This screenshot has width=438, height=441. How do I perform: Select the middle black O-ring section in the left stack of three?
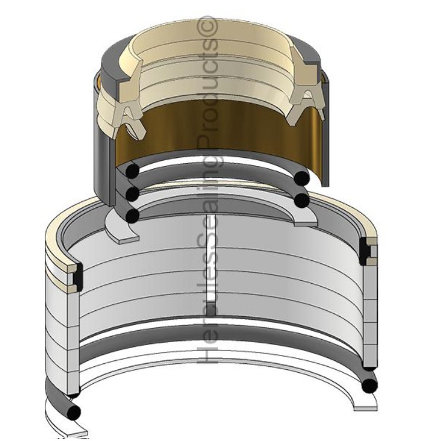click(x=133, y=194)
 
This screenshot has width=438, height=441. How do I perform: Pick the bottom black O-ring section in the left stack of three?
click(x=133, y=216)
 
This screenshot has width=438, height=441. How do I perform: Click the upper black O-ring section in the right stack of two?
click(x=302, y=178)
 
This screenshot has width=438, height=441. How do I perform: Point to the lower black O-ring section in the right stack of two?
click(x=302, y=200)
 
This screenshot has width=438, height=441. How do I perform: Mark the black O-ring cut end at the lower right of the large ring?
click(x=370, y=384)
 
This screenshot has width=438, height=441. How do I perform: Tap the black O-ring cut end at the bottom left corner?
click(x=74, y=413)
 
